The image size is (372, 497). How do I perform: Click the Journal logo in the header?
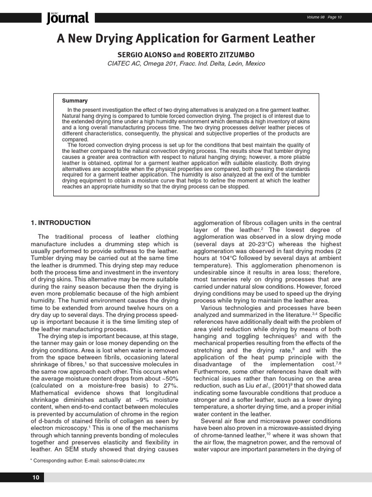click(x=68, y=18)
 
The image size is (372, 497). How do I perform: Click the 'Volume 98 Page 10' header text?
click(x=324, y=17)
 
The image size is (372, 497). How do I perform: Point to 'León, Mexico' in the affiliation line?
click(x=242, y=64)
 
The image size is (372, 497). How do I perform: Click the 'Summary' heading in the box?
click(x=75, y=100)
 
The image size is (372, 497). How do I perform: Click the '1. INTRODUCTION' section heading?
click(x=61, y=223)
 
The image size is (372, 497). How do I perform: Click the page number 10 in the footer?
click(x=36, y=478)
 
